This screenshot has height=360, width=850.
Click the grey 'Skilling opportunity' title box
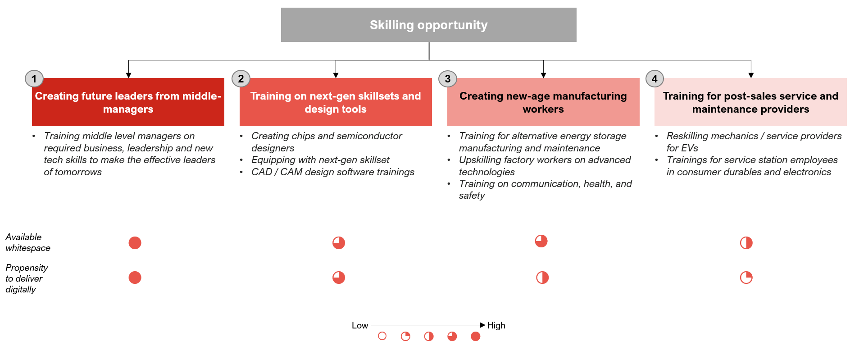point(428,25)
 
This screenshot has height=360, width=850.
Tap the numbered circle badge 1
point(34,79)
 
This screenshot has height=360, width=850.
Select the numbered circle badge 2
point(241,79)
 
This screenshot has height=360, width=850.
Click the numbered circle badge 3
point(448,79)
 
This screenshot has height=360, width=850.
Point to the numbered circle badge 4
point(655,79)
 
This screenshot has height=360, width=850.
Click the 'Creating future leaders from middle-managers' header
point(128,102)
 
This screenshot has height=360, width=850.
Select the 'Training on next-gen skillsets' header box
point(336,102)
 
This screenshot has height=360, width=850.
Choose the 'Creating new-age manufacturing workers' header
point(543,102)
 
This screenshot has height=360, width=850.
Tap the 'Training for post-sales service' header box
point(750,102)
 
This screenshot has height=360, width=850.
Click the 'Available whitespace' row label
point(28,242)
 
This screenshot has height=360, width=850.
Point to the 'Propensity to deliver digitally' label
point(27,278)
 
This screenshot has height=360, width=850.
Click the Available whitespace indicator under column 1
point(135,243)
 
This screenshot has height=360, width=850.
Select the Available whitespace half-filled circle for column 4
point(746,243)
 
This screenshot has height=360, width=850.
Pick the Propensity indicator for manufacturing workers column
point(542,278)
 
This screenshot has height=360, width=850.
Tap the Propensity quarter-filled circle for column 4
point(746,278)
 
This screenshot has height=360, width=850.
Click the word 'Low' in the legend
point(360,325)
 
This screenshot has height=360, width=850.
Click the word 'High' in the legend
point(496,325)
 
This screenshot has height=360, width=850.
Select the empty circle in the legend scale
point(382,336)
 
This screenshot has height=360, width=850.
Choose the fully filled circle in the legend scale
point(475,336)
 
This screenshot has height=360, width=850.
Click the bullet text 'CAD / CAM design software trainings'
point(333,172)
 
